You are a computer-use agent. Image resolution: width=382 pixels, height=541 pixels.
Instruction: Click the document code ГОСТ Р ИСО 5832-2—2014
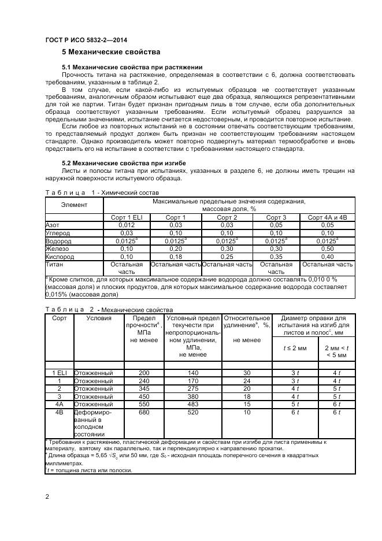(86, 40)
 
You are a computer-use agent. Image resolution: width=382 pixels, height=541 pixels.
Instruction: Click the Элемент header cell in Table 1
(73, 205)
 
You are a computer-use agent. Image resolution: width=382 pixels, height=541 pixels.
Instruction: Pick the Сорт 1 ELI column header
(126, 217)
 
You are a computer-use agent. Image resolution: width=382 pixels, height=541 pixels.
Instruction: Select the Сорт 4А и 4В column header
(328, 217)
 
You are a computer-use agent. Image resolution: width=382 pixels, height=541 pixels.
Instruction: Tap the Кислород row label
(58, 256)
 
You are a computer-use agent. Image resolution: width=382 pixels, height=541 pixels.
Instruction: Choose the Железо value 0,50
(328, 249)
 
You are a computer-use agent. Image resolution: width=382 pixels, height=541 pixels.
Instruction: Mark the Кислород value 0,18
(176, 256)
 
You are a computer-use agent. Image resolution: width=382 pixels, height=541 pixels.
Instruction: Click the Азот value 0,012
(126, 225)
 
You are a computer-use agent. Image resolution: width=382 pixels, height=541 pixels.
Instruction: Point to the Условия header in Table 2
(99, 318)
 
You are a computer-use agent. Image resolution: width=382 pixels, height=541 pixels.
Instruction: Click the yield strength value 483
(193, 405)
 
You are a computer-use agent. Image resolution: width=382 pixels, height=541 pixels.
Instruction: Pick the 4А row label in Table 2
(58, 405)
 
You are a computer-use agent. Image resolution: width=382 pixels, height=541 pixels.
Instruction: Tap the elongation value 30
(247, 373)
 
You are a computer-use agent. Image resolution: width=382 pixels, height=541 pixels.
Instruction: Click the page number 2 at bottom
(47, 496)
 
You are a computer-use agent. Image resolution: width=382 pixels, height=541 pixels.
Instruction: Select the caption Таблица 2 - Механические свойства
(108, 310)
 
